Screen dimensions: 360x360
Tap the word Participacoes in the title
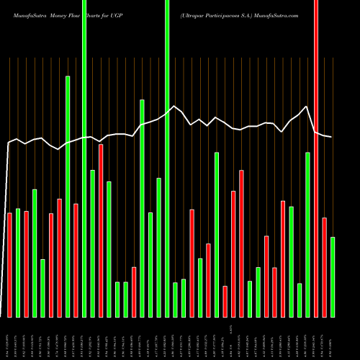[219, 14]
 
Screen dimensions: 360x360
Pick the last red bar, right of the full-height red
[325, 267]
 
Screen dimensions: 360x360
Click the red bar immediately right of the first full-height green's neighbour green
[101, 230]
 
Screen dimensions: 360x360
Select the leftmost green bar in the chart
[18, 263]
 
